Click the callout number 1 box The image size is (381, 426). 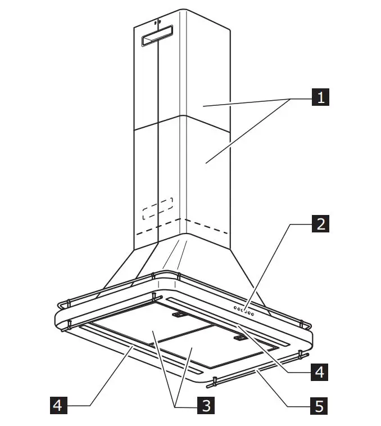pyautogui.click(x=321, y=98)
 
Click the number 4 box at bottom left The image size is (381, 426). pyautogui.click(x=58, y=405)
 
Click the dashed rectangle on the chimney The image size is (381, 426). pyautogui.click(x=157, y=208)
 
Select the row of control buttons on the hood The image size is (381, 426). pyautogui.click(x=244, y=311)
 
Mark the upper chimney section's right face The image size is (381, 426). pyautogui.click(x=205, y=79)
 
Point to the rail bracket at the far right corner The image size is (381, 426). pyautogui.click(x=306, y=326)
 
